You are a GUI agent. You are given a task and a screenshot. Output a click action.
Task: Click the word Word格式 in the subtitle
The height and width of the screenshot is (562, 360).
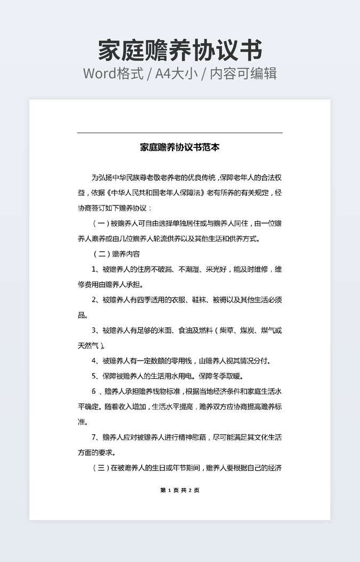click(x=113, y=73)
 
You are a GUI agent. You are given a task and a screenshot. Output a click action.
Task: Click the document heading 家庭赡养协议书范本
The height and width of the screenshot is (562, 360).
click(x=179, y=147)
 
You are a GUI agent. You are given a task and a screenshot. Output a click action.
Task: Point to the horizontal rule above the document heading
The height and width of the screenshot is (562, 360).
click(x=179, y=133)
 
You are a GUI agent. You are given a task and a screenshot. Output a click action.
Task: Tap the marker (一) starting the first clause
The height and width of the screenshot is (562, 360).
click(x=101, y=223)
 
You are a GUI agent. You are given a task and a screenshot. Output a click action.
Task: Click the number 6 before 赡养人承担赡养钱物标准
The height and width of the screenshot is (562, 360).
click(x=94, y=392)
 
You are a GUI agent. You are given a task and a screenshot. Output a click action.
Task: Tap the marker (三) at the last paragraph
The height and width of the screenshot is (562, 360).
click(x=101, y=468)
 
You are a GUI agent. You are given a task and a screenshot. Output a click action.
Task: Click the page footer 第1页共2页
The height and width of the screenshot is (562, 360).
click(x=179, y=490)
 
